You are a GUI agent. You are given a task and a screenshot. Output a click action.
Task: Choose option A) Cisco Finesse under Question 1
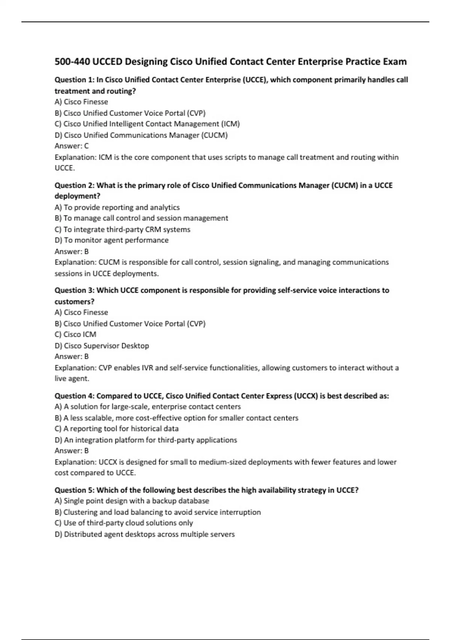tap(81, 102)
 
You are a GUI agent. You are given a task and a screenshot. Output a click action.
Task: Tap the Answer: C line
tap(71, 146)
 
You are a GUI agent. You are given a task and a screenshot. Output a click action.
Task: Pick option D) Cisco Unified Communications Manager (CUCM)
tap(141, 135)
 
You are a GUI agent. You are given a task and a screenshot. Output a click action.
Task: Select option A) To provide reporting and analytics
tap(117, 207)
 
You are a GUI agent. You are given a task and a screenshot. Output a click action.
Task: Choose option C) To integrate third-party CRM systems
tap(123, 229)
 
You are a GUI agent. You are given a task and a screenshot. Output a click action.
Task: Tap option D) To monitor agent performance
tap(112, 240)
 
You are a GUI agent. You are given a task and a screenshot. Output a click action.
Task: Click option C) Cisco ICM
tap(76, 334)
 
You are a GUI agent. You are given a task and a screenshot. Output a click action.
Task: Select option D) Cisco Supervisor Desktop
tap(102, 346)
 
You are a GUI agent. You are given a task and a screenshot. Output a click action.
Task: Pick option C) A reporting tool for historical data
tap(117, 428)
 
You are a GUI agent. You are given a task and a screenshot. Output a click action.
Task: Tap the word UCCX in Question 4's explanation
tap(108, 462)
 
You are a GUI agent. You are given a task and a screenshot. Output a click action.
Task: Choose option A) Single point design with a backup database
tap(132, 501)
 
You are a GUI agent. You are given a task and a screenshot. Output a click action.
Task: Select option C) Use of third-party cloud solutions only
tap(124, 523)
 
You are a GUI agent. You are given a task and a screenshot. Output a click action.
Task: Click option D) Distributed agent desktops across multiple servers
tap(145, 534)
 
